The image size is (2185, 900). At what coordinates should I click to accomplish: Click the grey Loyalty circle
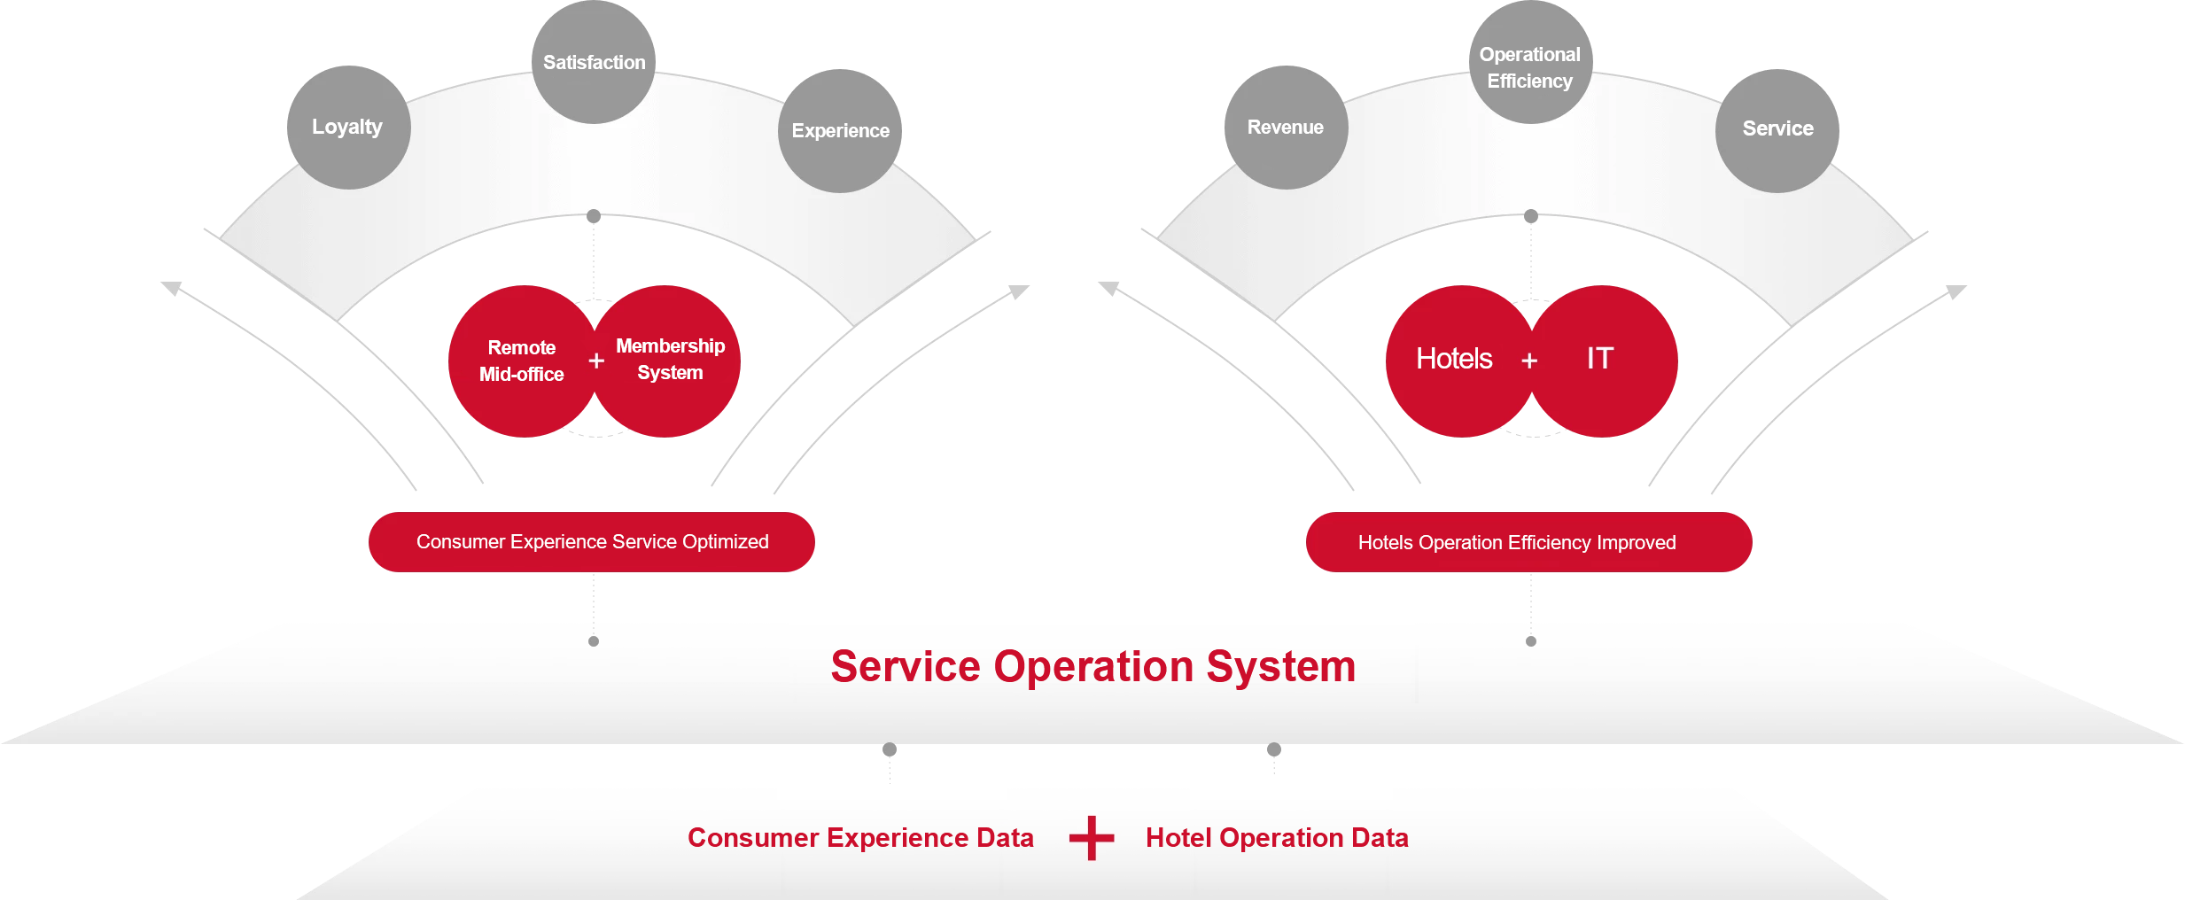(348, 128)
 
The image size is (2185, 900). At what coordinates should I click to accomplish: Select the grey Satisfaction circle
(594, 62)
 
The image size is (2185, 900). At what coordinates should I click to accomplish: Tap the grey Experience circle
(840, 131)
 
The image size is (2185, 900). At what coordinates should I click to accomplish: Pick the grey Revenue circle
(1286, 128)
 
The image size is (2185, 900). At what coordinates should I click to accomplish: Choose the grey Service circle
(1777, 129)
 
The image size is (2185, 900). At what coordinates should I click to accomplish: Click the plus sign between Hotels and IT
(1529, 361)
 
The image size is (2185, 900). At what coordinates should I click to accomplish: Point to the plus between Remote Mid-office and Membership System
(596, 361)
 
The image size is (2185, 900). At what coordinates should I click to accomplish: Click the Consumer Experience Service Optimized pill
(592, 542)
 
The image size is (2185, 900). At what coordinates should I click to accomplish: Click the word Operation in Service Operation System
(1093, 667)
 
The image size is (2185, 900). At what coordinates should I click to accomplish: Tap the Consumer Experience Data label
(860, 838)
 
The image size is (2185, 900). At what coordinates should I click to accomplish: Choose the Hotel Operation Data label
(1277, 838)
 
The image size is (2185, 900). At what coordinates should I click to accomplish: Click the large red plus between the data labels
(1092, 838)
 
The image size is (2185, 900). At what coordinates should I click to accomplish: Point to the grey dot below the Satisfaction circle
(594, 216)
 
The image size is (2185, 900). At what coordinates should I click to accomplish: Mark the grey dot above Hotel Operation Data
(1274, 749)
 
